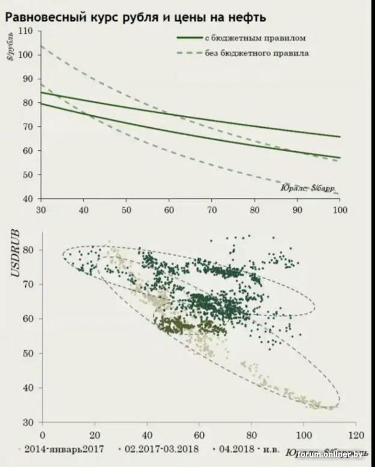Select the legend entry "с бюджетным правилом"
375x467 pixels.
[256, 38]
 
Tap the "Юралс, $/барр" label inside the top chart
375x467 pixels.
[307, 188]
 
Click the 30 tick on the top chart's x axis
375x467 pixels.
[41, 211]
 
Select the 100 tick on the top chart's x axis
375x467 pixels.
[340, 211]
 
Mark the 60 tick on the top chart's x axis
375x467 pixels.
[170, 211]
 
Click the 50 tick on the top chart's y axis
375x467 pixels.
[27, 175]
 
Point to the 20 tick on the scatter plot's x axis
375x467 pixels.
[94, 433]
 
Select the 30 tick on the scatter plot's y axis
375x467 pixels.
[28, 422]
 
